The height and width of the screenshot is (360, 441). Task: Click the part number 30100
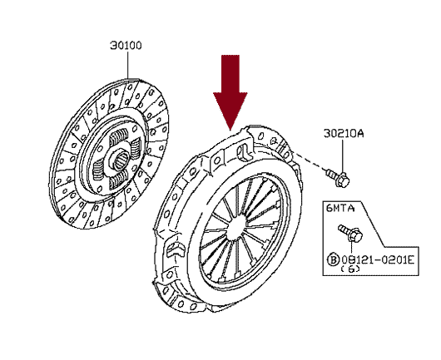click(126, 45)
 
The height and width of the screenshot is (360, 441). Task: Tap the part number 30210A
click(344, 133)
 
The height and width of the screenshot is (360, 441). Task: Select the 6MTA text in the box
click(340, 208)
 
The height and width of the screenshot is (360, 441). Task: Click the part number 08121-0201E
click(378, 259)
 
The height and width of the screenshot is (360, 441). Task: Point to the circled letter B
click(333, 259)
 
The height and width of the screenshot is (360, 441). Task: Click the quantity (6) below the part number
click(350, 269)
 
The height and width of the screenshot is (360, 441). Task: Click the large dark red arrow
click(230, 93)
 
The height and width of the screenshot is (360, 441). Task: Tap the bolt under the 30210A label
click(338, 177)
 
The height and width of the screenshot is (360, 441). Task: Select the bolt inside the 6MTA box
click(350, 233)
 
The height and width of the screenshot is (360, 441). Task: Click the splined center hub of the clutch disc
click(120, 159)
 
